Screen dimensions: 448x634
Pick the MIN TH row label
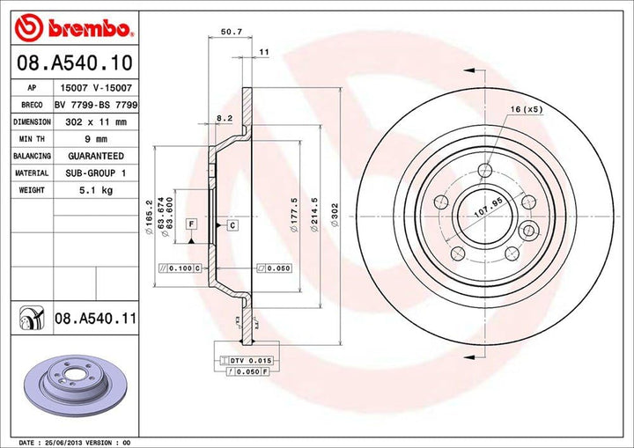coord(32,139)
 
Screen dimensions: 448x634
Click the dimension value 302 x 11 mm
coord(96,122)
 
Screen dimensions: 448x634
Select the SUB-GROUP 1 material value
coord(94,173)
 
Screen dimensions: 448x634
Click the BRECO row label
coord(31,105)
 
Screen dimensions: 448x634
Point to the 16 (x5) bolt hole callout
coord(527,108)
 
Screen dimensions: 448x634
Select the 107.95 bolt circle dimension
coord(475,212)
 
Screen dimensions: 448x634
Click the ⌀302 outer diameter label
coord(334,217)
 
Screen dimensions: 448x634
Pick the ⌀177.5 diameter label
coord(291,216)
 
